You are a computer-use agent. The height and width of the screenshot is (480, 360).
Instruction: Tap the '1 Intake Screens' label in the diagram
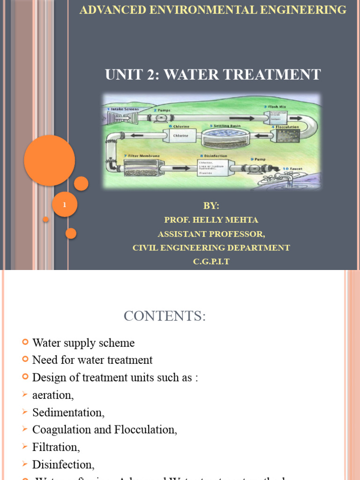pyautogui.click(x=123, y=109)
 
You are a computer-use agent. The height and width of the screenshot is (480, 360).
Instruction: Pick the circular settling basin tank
pyautogui.click(x=225, y=137)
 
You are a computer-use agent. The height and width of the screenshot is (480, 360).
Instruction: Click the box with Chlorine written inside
pyautogui.click(x=181, y=136)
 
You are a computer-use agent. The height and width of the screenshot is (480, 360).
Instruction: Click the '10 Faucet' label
pyautogui.click(x=292, y=169)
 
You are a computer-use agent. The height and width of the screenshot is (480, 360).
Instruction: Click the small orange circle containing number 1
pyautogui.click(x=64, y=205)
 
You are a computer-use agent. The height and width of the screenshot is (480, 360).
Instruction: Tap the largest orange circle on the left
pyautogui.click(x=49, y=160)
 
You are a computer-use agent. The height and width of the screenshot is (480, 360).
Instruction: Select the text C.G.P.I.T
pyautogui.click(x=211, y=262)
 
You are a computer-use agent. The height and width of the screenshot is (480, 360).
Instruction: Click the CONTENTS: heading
pyautogui.click(x=164, y=316)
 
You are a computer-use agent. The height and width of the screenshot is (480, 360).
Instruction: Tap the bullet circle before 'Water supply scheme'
pyautogui.click(x=25, y=343)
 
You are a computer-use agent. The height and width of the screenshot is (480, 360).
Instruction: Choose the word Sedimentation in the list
pyautogui.click(x=68, y=412)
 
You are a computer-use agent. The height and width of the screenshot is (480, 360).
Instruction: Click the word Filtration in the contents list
pyautogui.click(x=56, y=447)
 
